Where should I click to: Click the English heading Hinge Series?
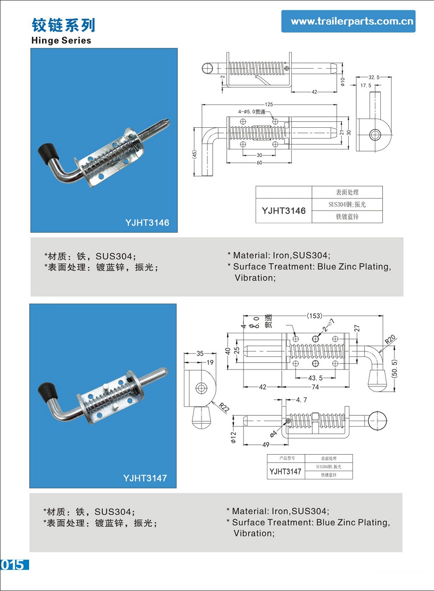click(x=61, y=41)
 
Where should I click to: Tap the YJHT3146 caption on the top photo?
click(x=147, y=222)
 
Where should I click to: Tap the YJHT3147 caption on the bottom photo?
click(x=145, y=478)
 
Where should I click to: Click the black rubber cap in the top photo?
click(x=47, y=149)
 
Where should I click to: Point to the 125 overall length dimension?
click(x=269, y=104)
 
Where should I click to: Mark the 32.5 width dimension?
click(x=374, y=78)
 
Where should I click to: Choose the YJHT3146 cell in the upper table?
click(x=284, y=211)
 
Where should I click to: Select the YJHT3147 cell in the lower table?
click(x=285, y=471)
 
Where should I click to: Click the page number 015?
click(x=13, y=564)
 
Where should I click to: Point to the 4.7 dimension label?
click(x=302, y=400)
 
